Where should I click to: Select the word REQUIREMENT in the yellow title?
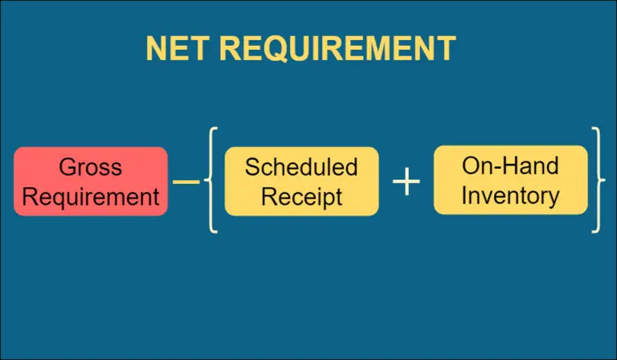pyautogui.click(x=337, y=49)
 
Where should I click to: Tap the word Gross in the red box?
pyautogui.click(x=90, y=167)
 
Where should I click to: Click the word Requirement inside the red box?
pyautogui.click(x=90, y=195)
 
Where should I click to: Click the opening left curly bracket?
pyautogui.click(x=211, y=180)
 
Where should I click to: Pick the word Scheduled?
pyautogui.click(x=301, y=167)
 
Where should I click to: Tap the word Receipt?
pyautogui.click(x=301, y=196)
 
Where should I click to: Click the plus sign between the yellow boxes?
pyautogui.click(x=406, y=182)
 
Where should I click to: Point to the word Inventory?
pyautogui.click(x=510, y=194)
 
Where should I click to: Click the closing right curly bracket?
pyautogui.click(x=597, y=180)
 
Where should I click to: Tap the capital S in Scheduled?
pyautogui.click(x=252, y=167)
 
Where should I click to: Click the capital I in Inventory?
pyautogui.click(x=464, y=194)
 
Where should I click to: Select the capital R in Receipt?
pyautogui.click(x=268, y=196)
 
